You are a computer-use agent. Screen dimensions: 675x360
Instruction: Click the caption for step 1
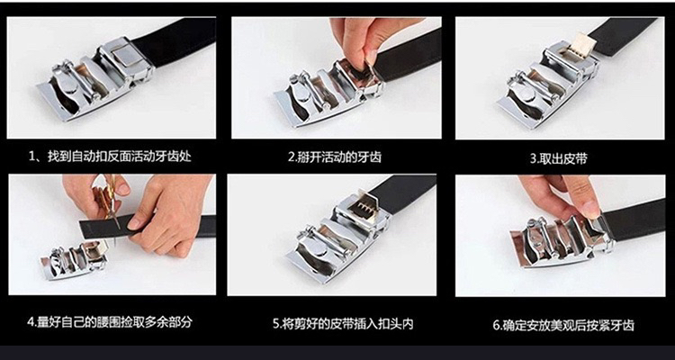tap(110, 156)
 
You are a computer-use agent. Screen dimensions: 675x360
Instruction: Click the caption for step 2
tap(335, 157)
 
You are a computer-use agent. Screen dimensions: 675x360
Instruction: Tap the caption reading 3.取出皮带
tap(558, 159)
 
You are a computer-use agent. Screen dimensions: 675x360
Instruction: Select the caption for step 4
tap(110, 321)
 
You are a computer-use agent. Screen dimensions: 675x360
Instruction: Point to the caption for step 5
tap(343, 323)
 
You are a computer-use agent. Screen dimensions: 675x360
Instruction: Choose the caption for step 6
tap(563, 325)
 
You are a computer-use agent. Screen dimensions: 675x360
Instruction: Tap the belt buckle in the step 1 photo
tap(95, 80)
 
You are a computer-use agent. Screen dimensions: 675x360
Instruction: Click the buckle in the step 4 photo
tap(74, 260)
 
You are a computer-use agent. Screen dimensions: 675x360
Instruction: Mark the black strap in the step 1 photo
tap(175, 40)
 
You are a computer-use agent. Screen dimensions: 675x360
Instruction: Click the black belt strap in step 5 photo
tap(402, 193)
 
